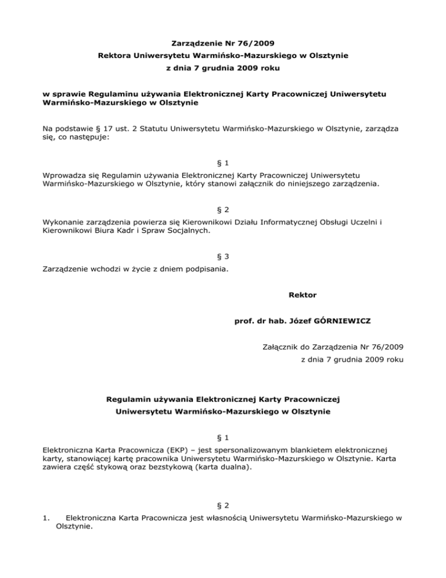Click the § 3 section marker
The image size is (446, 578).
pyautogui.click(x=223, y=256)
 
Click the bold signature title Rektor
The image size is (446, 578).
pyautogui.click(x=302, y=295)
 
